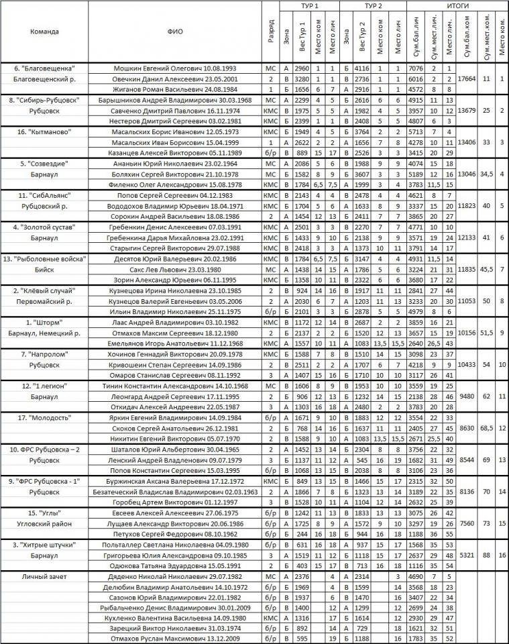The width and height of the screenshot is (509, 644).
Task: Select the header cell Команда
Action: [44, 32]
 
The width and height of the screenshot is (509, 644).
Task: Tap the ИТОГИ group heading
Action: [457, 5]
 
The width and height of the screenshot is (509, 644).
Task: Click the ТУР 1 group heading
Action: [310, 5]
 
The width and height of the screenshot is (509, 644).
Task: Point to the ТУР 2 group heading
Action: [373, 5]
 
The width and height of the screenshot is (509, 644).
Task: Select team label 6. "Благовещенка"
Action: [44, 68]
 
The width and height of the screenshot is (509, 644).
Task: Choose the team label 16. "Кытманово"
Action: [44, 132]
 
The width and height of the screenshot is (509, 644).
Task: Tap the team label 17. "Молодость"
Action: [44, 417]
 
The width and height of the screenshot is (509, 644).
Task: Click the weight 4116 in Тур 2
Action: [362, 68]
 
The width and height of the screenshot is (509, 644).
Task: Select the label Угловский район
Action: [44, 523]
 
